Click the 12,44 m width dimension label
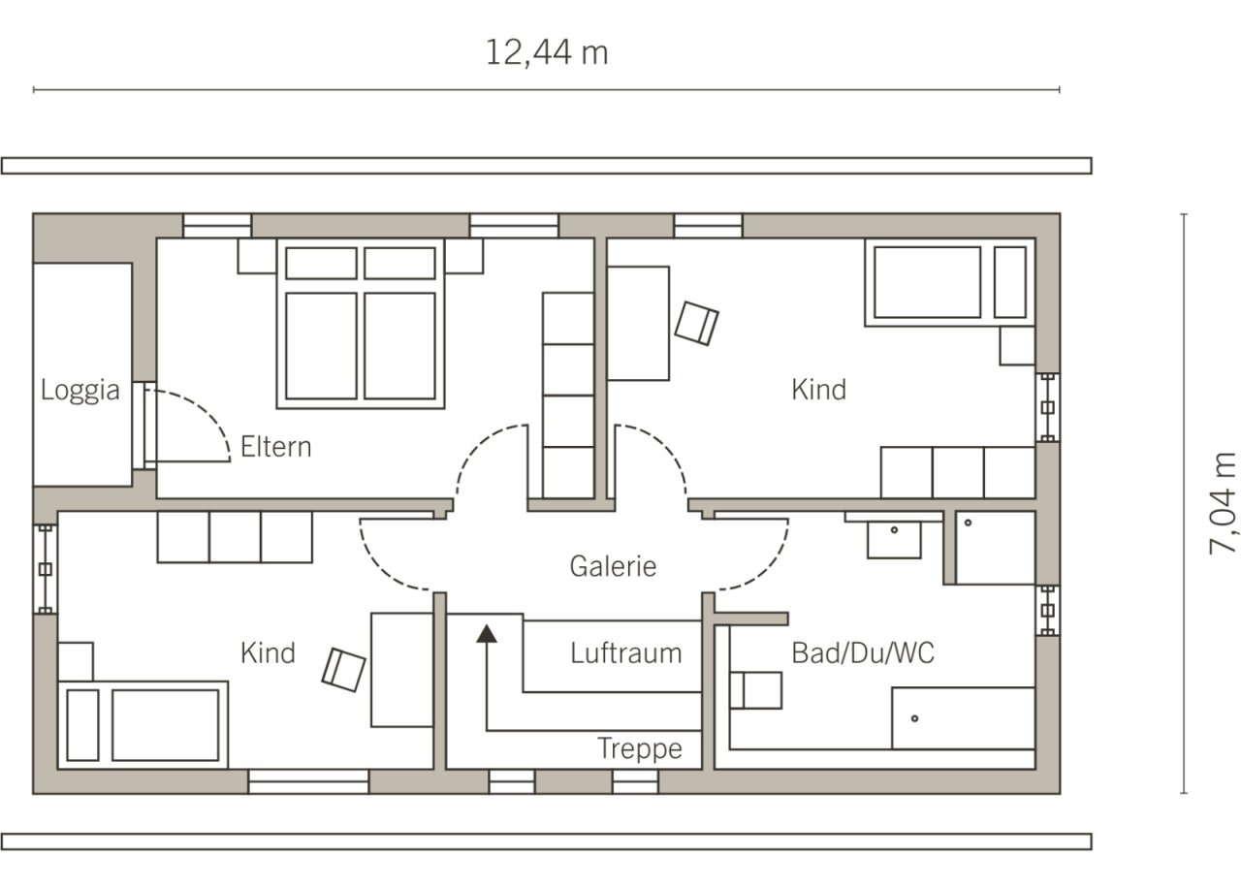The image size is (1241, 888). tap(547, 53)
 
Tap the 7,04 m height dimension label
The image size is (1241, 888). tap(1223, 503)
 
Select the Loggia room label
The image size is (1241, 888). tap(80, 390)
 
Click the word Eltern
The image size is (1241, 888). tap(276, 447)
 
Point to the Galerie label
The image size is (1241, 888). tap(613, 566)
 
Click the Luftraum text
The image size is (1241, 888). tap(626, 653)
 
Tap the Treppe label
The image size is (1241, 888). tap(640, 749)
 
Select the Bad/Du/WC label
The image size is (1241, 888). tap(863, 652)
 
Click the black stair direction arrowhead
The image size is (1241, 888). tap(487, 634)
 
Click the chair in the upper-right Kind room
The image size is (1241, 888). tap(696, 324)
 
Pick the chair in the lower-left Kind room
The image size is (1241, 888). tap(343, 670)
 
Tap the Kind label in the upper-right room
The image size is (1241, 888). tap(819, 390)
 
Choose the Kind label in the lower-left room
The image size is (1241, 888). tap(268, 653)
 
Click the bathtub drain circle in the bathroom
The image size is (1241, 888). tap(914, 718)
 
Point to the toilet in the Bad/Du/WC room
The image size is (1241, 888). tap(756, 690)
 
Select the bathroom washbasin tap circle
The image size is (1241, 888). tap(894, 530)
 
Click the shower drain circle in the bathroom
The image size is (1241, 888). tap(968, 523)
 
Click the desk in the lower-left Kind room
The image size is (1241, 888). tap(401, 670)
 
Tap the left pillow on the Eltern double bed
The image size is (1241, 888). tap(321, 263)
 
